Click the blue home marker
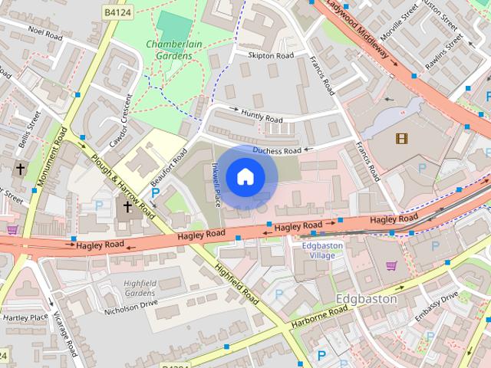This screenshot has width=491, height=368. click(245, 176)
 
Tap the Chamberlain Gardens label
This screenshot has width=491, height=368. click(173, 49)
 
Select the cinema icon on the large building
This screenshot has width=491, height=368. click(401, 138)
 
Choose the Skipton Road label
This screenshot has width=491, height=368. click(270, 56)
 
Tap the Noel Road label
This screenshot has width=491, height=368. click(44, 34)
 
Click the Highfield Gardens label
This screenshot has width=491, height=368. click(139, 287)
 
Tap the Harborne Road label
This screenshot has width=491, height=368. click(321, 317)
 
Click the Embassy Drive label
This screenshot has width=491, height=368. click(437, 302)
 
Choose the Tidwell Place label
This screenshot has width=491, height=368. click(216, 185)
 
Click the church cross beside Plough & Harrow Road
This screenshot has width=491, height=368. click(127, 206)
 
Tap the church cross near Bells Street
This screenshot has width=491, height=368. click(20, 168)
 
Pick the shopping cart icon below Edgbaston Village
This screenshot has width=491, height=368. click(391, 266)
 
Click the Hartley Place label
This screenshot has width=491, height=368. click(25, 317)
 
